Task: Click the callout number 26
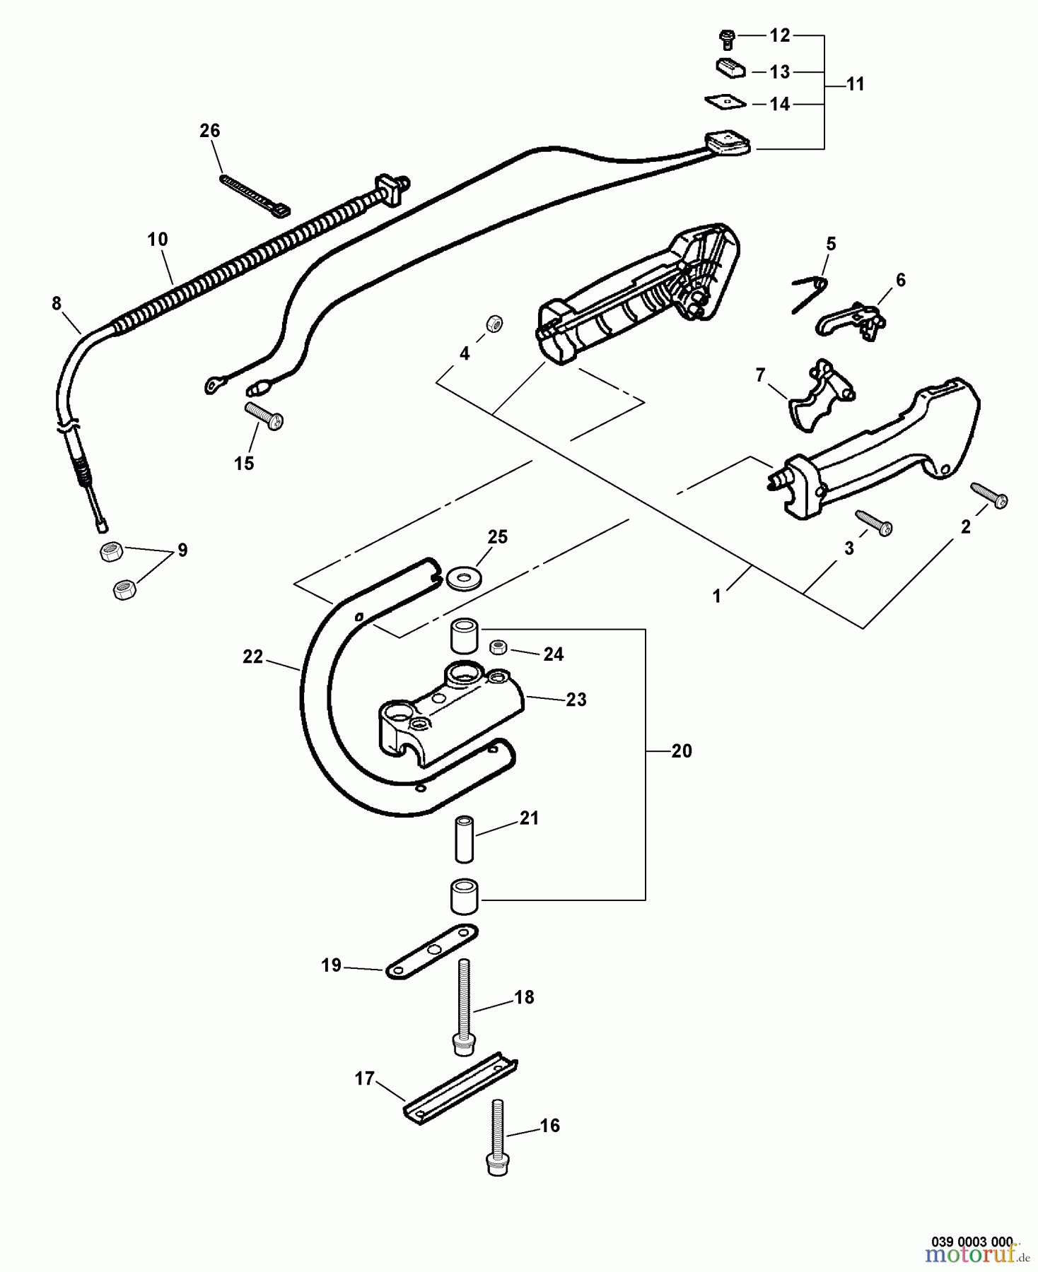click(210, 131)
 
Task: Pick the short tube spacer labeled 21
click(463, 839)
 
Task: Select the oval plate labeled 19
click(431, 951)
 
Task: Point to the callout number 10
click(158, 240)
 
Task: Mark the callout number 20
click(681, 751)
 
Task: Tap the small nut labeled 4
click(494, 324)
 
